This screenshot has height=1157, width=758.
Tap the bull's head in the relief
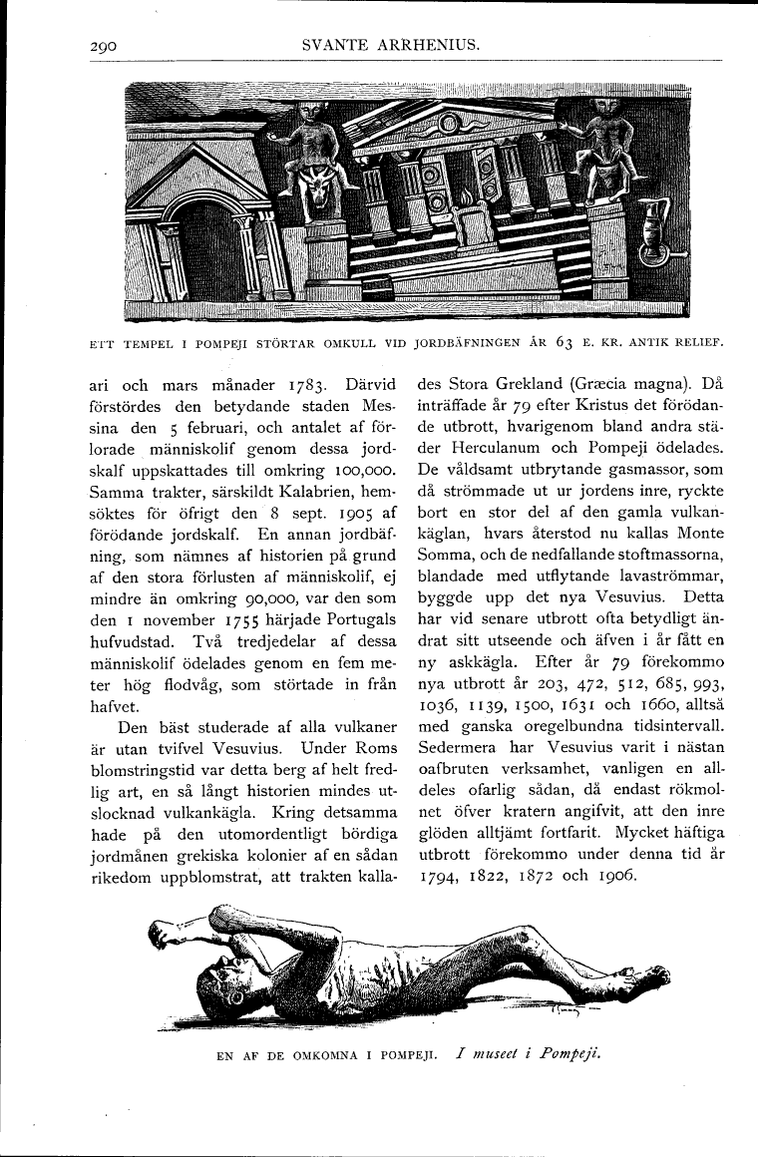[317, 193]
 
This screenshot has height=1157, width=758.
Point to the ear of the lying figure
[237, 995]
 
